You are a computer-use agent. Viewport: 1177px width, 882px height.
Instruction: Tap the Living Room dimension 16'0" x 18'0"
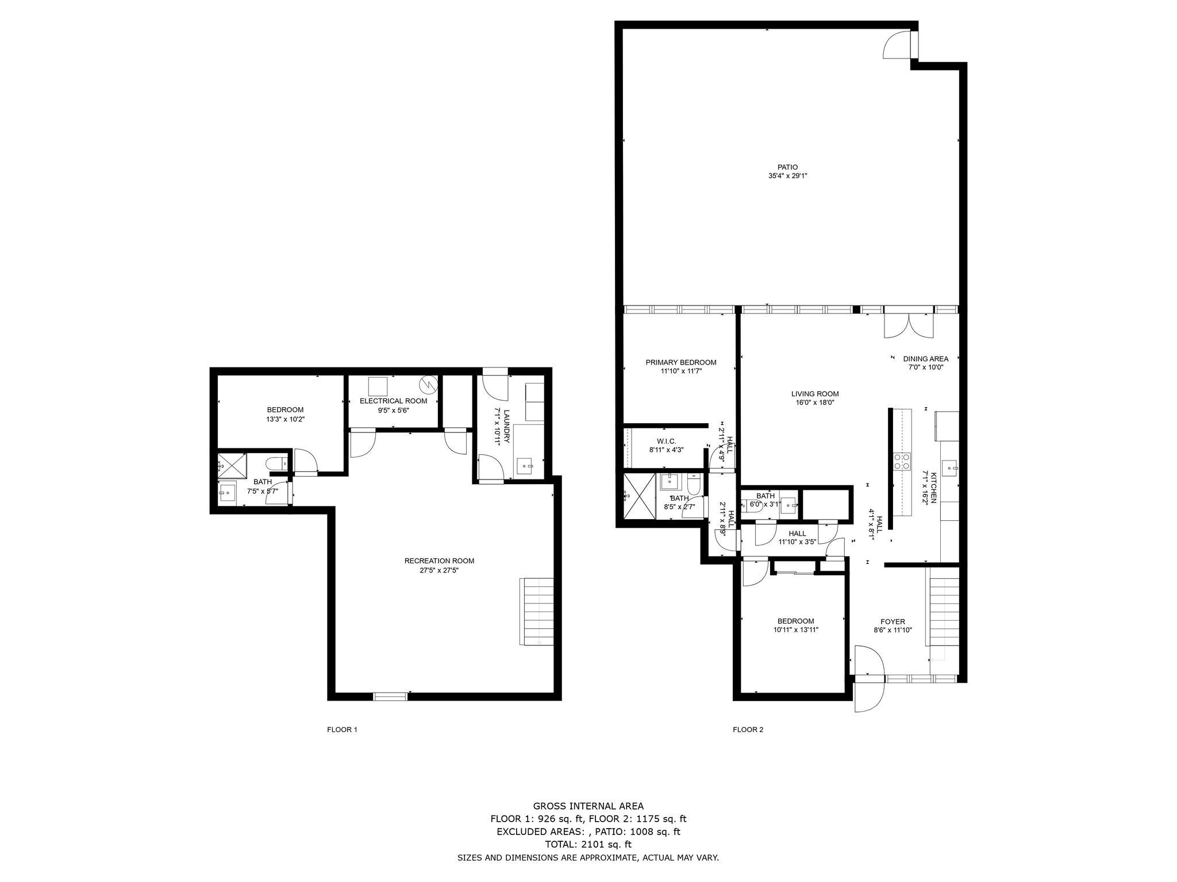(814, 403)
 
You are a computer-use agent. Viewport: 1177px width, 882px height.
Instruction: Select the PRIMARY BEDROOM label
(680, 362)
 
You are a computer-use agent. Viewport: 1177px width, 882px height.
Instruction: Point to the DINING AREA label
(925, 359)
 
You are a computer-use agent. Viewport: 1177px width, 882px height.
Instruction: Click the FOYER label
(893, 621)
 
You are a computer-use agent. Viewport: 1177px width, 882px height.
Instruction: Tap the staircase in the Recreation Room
(537, 612)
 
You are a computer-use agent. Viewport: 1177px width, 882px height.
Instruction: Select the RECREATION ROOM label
(439, 561)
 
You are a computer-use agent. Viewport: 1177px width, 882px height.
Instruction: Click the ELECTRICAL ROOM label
(393, 401)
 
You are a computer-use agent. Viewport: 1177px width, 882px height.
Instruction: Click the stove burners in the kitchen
(901, 461)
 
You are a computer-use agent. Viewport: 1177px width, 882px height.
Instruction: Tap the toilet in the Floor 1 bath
(275, 463)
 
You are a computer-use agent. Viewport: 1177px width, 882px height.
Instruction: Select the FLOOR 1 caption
(342, 730)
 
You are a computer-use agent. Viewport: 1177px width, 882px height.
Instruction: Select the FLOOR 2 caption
(748, 730)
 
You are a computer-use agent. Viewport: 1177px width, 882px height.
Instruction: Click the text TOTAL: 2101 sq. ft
(588, 844)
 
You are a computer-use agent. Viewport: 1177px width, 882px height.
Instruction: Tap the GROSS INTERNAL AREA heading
(588, 806)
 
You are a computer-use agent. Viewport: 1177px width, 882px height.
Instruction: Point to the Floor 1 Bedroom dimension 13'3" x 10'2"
(285, 419)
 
